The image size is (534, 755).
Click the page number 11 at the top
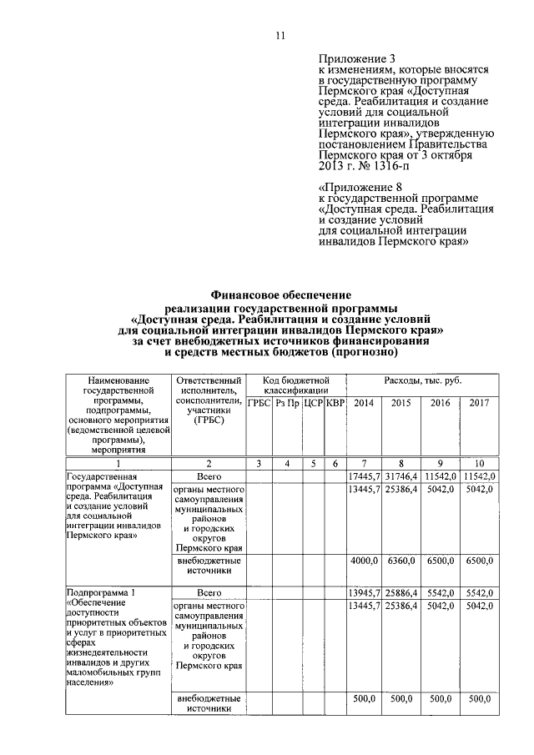[x=280, y=35]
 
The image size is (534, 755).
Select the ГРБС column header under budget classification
[x=259, y=403]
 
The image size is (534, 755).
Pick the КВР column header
[x=334, y=403]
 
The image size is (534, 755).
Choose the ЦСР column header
[x=312, y=403]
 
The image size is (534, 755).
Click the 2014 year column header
[x=365, y=403]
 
